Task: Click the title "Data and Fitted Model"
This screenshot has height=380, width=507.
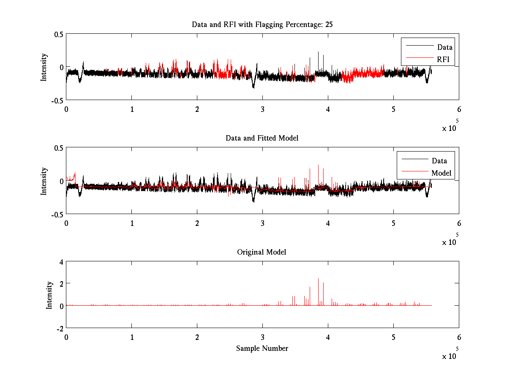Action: tap(262, 138)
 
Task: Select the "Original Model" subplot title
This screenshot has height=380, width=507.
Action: tap(262, 252)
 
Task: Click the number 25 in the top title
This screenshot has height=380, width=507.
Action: tap(329, 24)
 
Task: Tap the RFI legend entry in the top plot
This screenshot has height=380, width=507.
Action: tap(443, 60)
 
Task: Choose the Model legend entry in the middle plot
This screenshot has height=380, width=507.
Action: tap(441, 173)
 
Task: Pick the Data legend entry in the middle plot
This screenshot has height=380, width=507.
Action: tap(439, 160)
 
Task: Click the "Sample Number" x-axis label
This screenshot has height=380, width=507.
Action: tap(262, 348)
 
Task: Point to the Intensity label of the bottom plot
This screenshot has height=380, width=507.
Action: tap(49, 295)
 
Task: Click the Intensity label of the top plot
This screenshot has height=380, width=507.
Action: tap(44, 67)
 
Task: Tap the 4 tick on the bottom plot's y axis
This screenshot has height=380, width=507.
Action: tap(61, 262)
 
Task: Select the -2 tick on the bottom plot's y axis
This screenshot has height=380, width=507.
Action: tap(59, 328)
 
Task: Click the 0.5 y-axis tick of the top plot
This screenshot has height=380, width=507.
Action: tap(58, 34)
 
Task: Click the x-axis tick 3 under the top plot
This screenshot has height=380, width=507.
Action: tap(262, 109)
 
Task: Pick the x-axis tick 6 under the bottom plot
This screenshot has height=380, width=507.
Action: tap(459, 337)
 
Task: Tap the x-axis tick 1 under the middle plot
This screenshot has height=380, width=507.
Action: tap(132, 223)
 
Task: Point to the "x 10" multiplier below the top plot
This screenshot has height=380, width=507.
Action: tap(450, 128)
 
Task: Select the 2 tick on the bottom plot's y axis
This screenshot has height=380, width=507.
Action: tap(61, 283)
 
